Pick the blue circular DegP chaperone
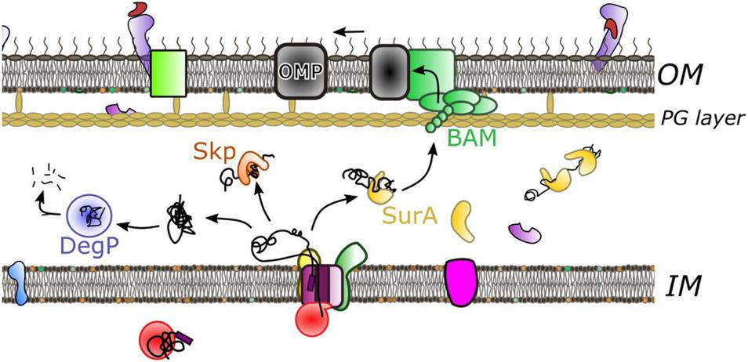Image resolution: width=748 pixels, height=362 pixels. click(89, 212)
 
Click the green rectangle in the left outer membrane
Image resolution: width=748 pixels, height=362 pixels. click(168, 74)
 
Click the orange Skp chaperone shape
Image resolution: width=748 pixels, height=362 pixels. click(254, 167)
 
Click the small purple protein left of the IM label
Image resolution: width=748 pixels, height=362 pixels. click(525, 231)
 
